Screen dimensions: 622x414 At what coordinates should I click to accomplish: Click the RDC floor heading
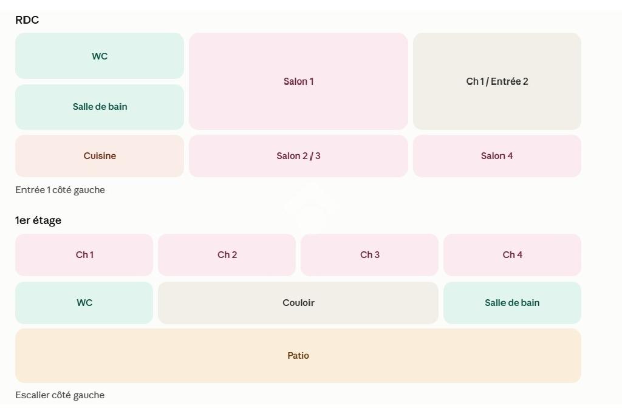(27, 20)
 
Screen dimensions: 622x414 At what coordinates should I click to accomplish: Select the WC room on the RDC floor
(100, 56)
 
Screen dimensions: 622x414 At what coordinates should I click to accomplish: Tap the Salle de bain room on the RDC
(100, 107)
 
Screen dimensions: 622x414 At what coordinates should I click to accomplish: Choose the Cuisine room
(100, 156)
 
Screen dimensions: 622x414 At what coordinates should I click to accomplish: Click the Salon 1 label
(298, 82)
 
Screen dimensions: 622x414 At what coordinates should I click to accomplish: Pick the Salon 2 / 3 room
(298, 156)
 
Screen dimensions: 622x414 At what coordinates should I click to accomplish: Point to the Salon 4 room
(497, 156)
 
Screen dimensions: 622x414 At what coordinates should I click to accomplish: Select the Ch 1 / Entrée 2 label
(497, 82)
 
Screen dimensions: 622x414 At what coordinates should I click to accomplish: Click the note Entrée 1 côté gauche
(60, 190)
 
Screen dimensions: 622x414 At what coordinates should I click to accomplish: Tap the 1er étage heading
(38, 220)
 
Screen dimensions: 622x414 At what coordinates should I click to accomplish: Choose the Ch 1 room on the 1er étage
(84, 254)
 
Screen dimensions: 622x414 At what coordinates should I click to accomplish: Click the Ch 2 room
(227, 254)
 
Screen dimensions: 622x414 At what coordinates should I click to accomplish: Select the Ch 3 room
(370, 254)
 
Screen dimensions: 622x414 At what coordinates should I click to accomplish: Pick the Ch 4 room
(512, 254)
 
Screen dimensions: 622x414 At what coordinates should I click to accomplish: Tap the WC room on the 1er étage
(84, 303)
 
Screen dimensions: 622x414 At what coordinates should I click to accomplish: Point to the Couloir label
(298, 303)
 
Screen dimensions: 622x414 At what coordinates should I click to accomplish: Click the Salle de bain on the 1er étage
(512, 303)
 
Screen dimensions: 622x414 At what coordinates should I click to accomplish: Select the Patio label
(298, 356)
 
